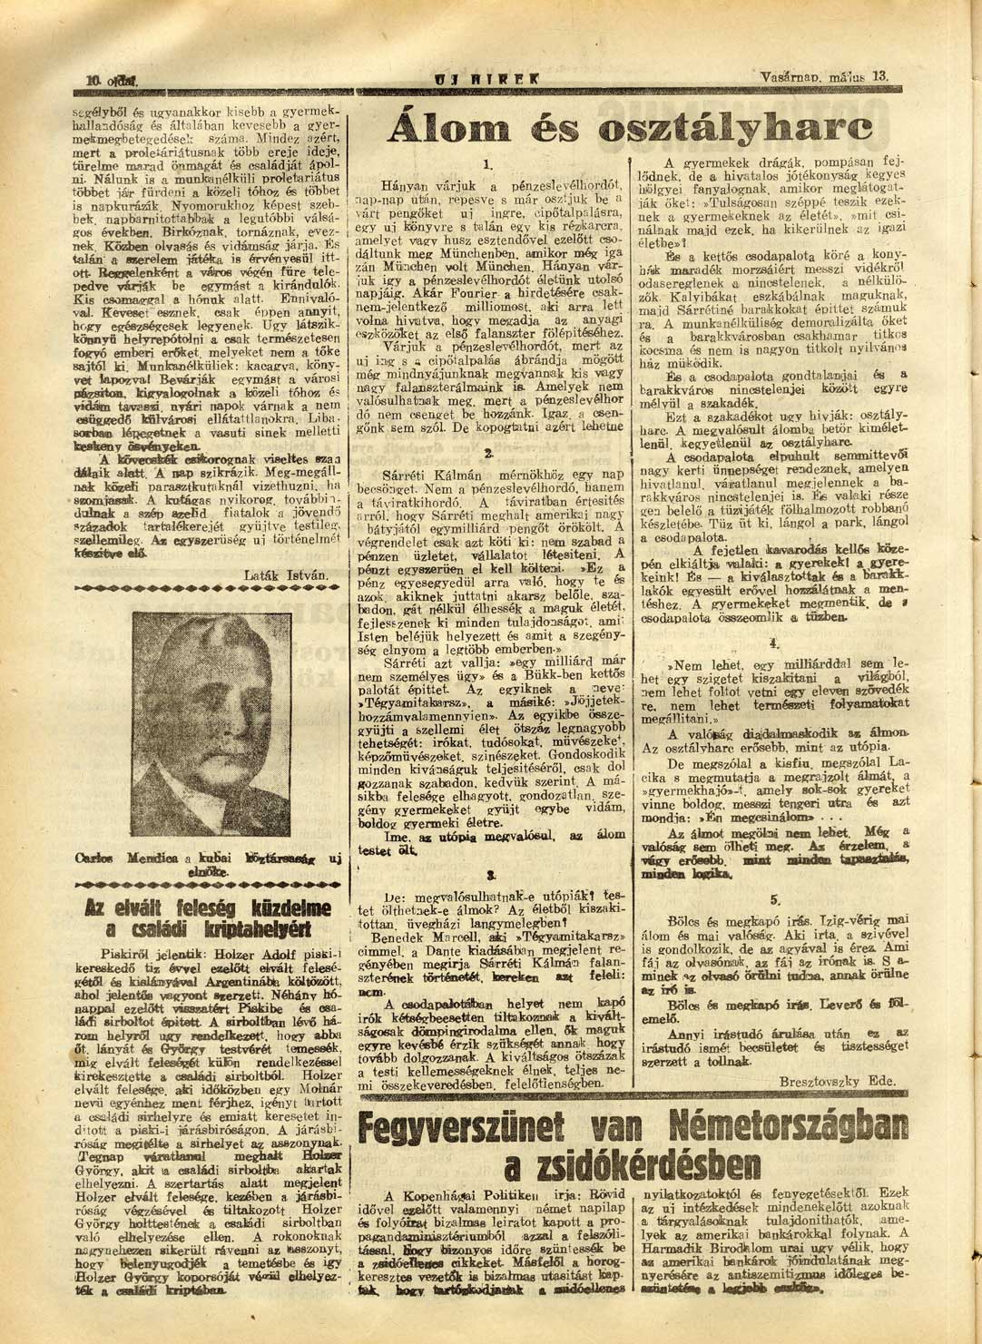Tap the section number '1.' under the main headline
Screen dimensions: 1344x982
coord(487,164)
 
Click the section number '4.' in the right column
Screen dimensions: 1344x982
coord(774,643)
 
